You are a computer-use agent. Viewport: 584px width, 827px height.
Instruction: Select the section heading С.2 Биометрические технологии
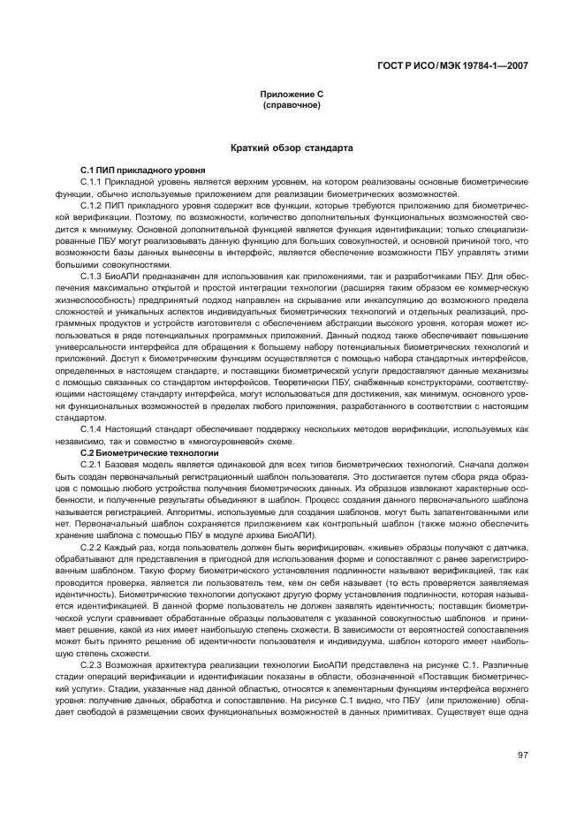[x=148, y=452]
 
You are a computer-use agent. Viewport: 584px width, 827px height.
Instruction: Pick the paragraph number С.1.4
[x=92, y=429]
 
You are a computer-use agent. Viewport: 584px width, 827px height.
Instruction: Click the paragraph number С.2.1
[x=92, y=464]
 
